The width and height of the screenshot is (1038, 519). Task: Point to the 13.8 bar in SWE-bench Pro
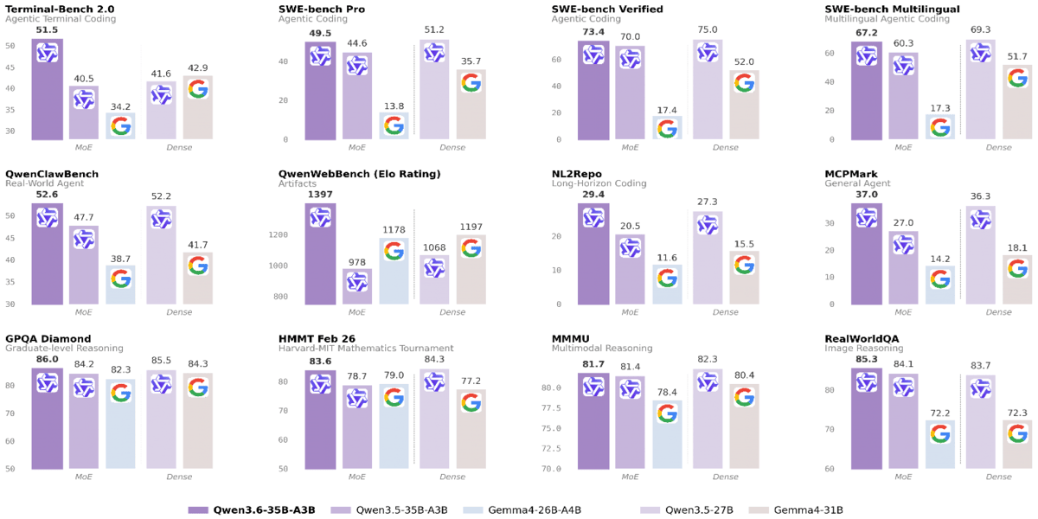point(394,125)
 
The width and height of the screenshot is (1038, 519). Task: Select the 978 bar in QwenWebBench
point(357,286)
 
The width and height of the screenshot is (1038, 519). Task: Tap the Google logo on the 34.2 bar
point(120,126)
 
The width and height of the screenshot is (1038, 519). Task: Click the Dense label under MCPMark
point(998,312)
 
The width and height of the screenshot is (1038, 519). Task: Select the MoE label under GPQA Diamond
point(84,477)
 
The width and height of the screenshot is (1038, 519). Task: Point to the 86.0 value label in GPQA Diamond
point(47,360)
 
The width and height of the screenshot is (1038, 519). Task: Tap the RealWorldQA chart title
point(862,338)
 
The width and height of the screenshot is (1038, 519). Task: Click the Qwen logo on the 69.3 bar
point(980,53)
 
